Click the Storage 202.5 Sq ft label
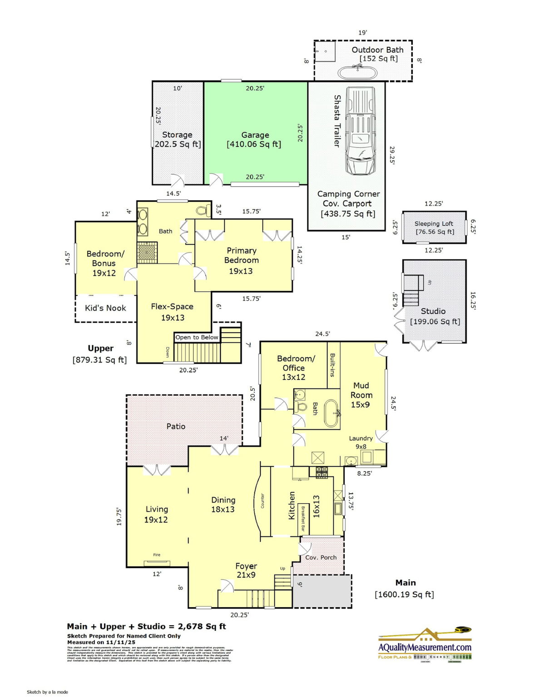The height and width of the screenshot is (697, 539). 177,139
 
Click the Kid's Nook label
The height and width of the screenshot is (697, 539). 105,308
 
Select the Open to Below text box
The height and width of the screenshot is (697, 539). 197,337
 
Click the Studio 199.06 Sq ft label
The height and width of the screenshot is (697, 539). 434,316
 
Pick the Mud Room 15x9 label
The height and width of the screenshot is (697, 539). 361,395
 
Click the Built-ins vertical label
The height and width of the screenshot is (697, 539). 333,365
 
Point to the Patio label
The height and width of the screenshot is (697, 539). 176,427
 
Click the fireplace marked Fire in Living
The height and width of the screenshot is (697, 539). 157,563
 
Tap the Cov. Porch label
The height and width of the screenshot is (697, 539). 321,557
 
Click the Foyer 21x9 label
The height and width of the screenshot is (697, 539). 246,570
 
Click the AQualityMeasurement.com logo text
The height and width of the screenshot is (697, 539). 425,647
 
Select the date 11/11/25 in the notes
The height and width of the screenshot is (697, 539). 120,643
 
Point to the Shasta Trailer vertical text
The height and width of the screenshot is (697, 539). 337,121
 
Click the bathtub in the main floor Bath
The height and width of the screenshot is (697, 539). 331,413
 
